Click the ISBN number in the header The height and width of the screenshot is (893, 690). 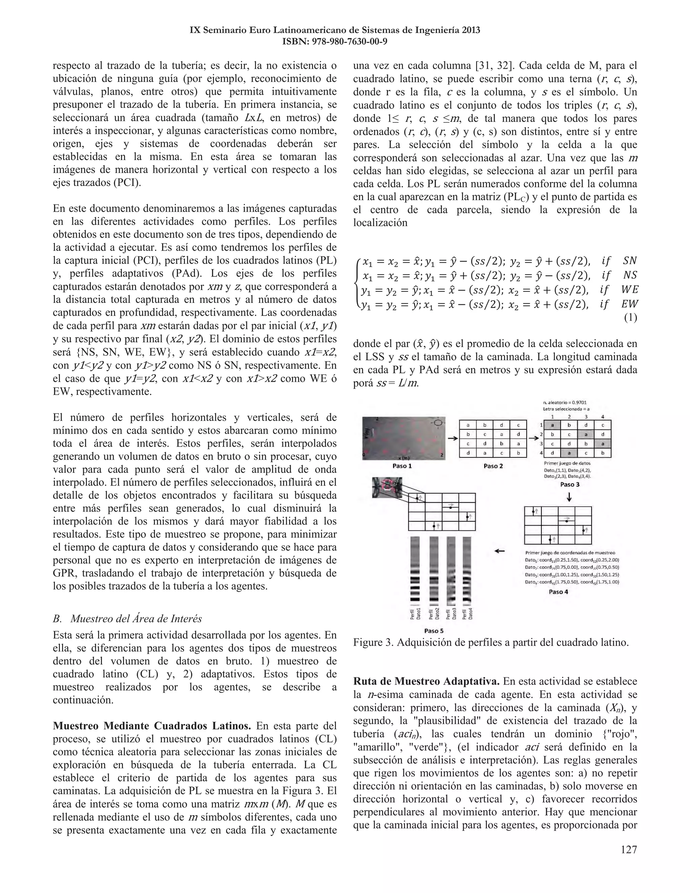point(335,42)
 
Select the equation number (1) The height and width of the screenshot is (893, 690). point(630,318)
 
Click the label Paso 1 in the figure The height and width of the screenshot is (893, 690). point(402,466)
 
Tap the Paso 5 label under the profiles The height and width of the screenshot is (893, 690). point(434,630)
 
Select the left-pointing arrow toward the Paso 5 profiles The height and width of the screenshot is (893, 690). point(500,551)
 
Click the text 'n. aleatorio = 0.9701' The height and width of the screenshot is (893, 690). point(565,402)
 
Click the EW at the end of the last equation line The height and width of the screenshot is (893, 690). point(629,304)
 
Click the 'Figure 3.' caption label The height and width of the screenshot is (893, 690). point(373,642)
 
